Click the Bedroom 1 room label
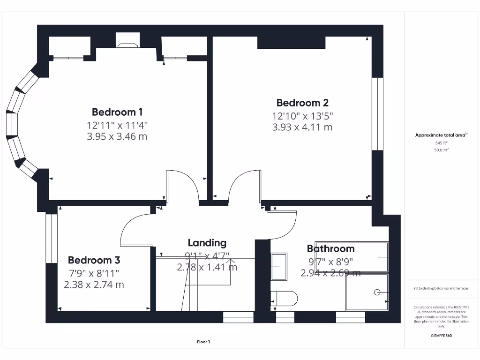117,112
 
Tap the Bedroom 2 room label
302,103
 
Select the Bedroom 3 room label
94,260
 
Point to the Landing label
207,243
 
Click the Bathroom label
330,249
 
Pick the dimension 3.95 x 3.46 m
117,136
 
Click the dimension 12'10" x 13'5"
302,116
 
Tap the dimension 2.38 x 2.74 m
94,284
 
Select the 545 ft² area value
441,143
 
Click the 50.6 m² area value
441,150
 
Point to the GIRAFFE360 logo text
441,336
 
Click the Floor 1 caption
203,342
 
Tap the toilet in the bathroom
284,299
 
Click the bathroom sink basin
279,267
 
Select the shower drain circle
377,292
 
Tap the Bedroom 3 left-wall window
51,238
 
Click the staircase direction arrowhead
230,261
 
